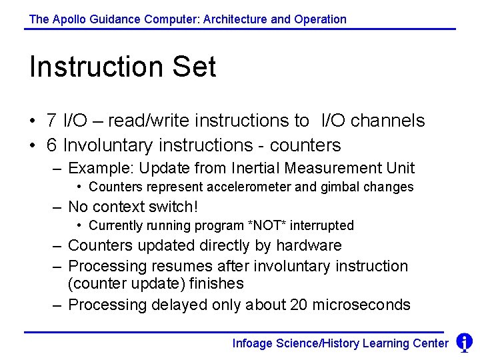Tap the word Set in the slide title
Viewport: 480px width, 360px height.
click(194, 67)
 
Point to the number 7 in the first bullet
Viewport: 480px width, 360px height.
click(51, 121)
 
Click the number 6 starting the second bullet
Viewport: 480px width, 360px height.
click(51, 145)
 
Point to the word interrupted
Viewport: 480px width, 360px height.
click(323, 225)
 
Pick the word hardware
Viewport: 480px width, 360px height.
click(309, 245)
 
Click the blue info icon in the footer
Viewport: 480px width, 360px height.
click(464, 343)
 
